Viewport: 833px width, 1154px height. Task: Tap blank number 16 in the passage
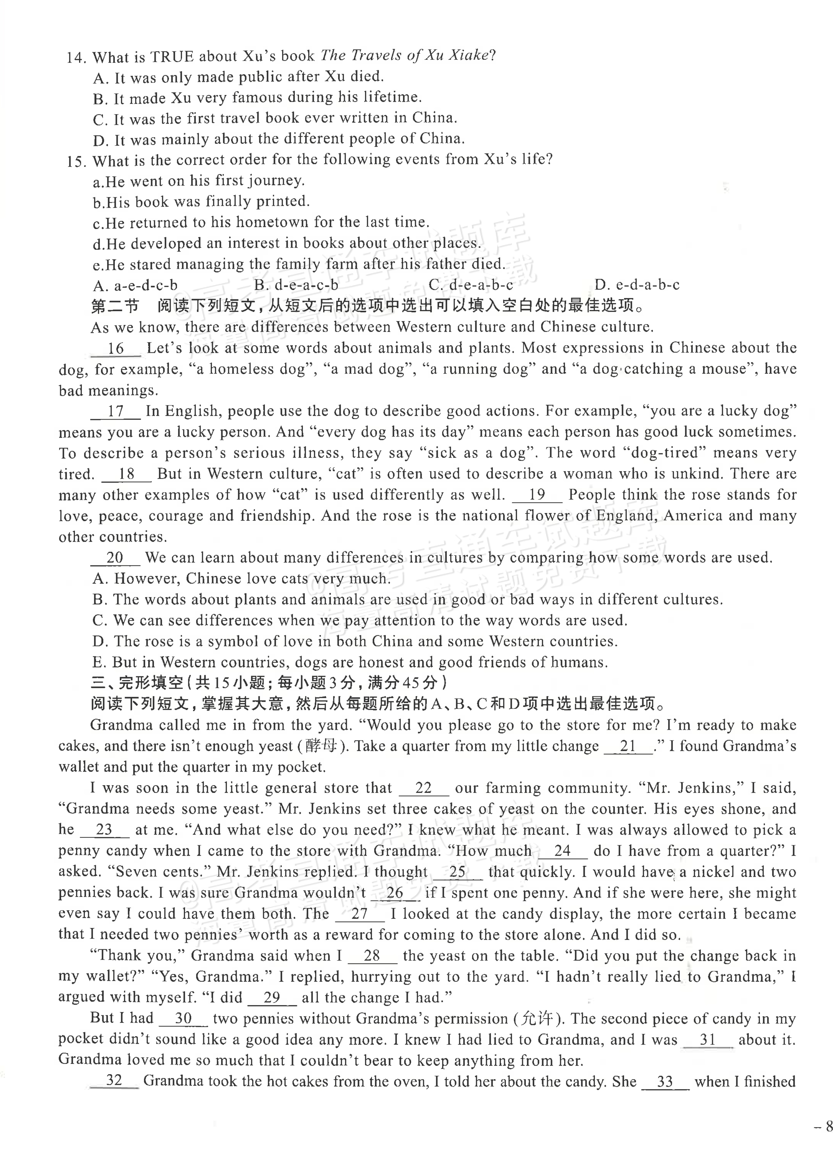(116, 349)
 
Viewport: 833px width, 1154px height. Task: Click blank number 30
(183, 1019)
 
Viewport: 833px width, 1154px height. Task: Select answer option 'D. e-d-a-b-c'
(637, 285)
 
